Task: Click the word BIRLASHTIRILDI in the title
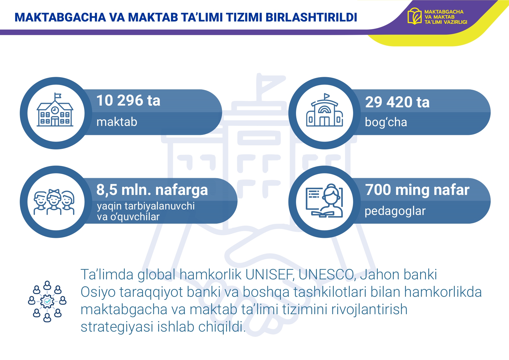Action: tap(311, 17)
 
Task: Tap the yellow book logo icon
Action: tap(414, 16)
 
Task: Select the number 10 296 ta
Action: tap(128, 101)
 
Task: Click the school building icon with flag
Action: tap(55, 110)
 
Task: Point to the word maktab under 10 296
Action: tap(117, 122)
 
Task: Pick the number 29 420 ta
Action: tap(397, 102)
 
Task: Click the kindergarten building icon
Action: tap(325, 110)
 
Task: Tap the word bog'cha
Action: tap(386, 122)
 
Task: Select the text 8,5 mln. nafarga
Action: tap(152, 190)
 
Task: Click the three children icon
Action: tap(54, 202)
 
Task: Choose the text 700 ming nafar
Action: tap(417, 190)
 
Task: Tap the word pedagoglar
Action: tap(395, 211)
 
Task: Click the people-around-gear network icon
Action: tap(47, 301)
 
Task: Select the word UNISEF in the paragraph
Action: tap(270, 274)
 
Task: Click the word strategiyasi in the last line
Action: tap(117, 327)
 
